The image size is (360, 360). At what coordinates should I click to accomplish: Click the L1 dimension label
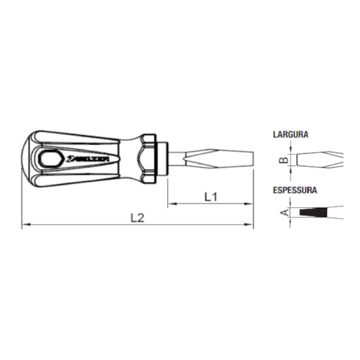(211, 197)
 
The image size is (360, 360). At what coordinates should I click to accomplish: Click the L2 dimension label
(137, 218)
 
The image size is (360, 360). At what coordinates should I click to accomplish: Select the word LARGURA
(290, 135)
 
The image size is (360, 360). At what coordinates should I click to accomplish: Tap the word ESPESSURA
(295, 190)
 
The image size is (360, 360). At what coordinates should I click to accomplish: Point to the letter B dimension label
(284, 160)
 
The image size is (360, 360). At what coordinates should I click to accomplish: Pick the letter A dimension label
(285, 212)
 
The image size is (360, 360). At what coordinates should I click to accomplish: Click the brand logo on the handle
(88, 158)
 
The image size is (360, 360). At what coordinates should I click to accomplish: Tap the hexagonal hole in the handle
(49, 158)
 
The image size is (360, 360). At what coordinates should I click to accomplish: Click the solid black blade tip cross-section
(313, 212)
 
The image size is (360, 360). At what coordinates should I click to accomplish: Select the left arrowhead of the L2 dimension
(25, 224)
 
